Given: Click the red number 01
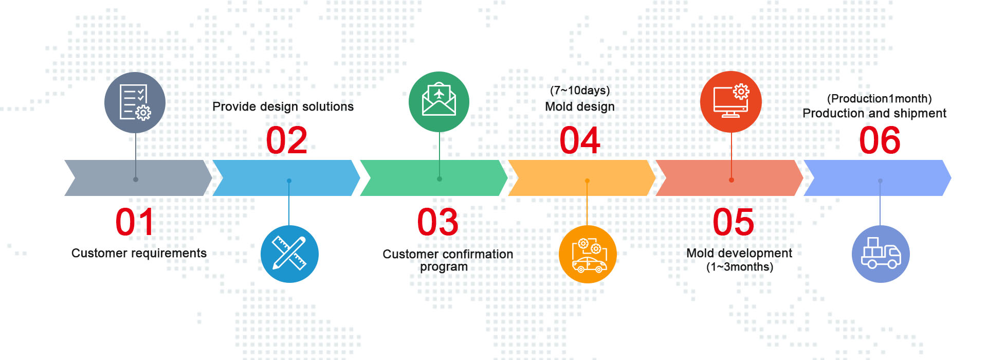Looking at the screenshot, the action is (135, 222).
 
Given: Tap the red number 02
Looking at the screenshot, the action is (287, 140).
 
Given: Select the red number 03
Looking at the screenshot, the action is (437, 222).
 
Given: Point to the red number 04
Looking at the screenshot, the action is (580, 140).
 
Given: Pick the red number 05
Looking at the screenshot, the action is (734, 222).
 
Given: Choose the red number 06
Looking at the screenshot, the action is (880, 140).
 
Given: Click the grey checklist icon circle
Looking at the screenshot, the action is (135, 102).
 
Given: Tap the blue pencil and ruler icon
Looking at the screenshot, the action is (289, 254).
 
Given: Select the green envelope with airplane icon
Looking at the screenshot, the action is (439, 102).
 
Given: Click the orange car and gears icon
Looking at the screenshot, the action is (588, 254).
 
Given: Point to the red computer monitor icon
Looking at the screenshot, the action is (731, 102).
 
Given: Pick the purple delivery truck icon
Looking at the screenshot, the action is (881, 254).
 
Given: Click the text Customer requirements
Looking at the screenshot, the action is (139, 253).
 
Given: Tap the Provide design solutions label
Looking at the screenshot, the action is (283, 106).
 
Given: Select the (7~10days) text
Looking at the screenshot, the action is (580, 91).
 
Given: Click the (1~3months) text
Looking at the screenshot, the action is (740, 267).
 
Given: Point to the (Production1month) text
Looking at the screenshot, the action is (880, 99).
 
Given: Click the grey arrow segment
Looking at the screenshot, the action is (138, 178).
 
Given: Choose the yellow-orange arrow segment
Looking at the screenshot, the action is (582, 178).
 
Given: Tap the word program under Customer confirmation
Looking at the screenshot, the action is (444, 267).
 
